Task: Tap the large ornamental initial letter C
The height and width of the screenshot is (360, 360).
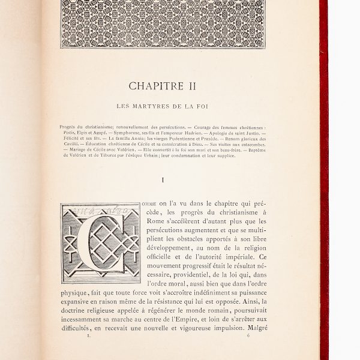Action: coord(100,244)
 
